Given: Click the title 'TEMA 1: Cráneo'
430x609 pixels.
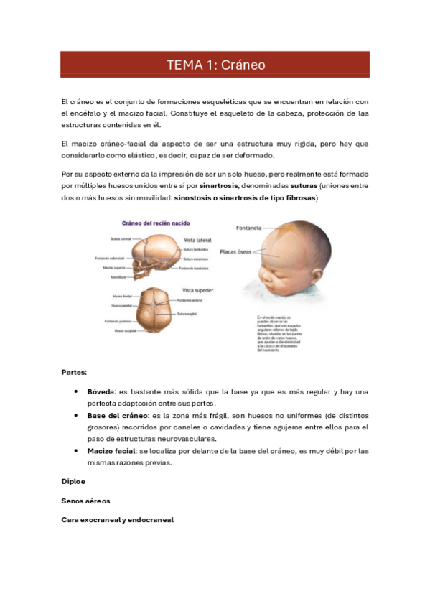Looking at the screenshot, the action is (x=215, y=65).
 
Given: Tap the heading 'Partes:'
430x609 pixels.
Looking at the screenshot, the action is (x=75, y=373).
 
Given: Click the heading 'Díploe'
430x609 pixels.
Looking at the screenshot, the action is (x=73, y=481).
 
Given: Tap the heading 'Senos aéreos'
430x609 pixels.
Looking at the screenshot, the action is (x=85, y=500).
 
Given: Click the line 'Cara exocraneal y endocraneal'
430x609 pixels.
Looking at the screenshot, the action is (x=118, y=519).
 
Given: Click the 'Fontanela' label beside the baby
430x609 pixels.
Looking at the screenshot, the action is (x=251, y=228).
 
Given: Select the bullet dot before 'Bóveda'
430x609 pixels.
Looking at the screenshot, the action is (x=75, y=391).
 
